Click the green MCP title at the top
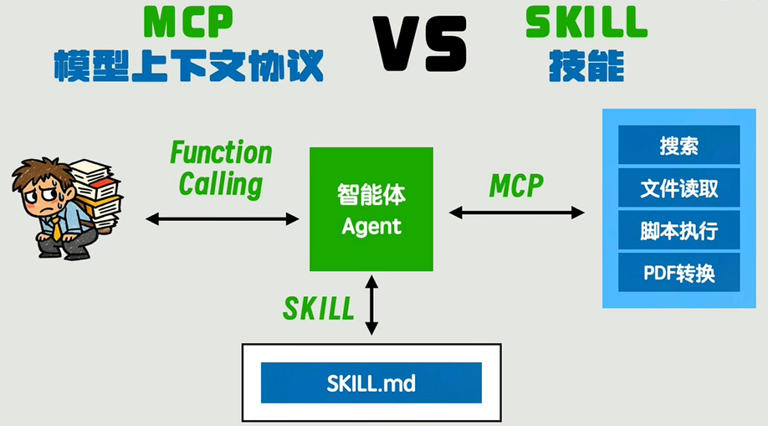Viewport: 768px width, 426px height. click(x=188, y=23)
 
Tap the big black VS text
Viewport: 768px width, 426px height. click(x=420, y=44)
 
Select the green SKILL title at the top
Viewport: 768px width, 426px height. click(x=586, y=23)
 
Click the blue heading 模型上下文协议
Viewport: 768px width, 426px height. click(x=188, y=65)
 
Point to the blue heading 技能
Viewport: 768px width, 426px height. click(x=586, y=65)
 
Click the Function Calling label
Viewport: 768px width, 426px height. click(x=221, y=168)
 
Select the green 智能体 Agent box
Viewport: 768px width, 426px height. click(x=371, y=209)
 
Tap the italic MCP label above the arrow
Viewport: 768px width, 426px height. click(x=516, y=186)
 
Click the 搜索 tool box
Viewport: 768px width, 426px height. click(x=678, y=145)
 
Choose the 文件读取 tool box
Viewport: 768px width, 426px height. click(x=678, y=187)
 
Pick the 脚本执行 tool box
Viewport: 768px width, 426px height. click(x=678, y=230)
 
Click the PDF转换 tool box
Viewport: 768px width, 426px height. click(x=678, y=273)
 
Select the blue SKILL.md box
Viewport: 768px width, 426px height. click(x=371, y=382)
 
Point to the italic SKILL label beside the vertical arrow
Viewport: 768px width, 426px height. click(x=319, y=308)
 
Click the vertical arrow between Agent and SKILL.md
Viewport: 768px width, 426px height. click(x=371, y=305)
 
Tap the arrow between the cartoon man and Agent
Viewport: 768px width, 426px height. click(x=223, y=219)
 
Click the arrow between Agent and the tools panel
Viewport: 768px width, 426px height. click(x=517, y=213)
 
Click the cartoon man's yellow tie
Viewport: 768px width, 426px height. click(x=57, y=228)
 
